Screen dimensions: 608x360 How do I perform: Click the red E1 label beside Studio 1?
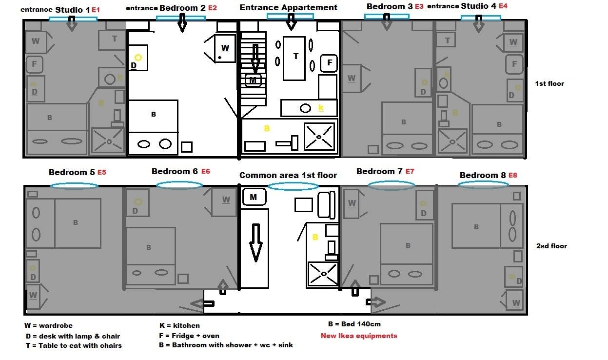point(96,10)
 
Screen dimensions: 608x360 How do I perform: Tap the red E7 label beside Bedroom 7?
point(410,171)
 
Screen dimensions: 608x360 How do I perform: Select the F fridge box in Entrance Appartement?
point(329,63)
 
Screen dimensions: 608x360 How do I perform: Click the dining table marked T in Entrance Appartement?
point(294,59)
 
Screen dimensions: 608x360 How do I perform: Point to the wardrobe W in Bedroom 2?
point(225,48)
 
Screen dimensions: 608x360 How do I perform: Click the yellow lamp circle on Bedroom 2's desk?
point(138,58)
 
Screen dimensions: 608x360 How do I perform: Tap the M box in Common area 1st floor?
point(254,197)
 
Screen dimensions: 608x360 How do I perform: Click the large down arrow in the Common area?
point(255,243)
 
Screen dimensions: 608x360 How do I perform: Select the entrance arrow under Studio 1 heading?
point(72,24)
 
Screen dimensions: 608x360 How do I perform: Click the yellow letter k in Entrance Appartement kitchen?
point(321,107)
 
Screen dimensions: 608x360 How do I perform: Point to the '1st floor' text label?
point(549,83)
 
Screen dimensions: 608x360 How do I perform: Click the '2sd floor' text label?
point(551,246)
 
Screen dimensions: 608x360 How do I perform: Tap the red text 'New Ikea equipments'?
point(359,336)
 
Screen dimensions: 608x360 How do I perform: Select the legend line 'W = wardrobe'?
point(49,325)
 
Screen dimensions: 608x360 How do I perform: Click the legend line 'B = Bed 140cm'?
point(354,324)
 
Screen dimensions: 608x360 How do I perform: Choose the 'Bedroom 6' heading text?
point(175,171)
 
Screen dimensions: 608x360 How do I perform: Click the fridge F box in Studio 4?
point(514,64)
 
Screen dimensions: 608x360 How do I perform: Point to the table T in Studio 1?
point(112,40)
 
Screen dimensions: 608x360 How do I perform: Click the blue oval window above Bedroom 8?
point(483,184)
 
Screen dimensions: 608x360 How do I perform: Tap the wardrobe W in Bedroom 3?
point(352,79)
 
